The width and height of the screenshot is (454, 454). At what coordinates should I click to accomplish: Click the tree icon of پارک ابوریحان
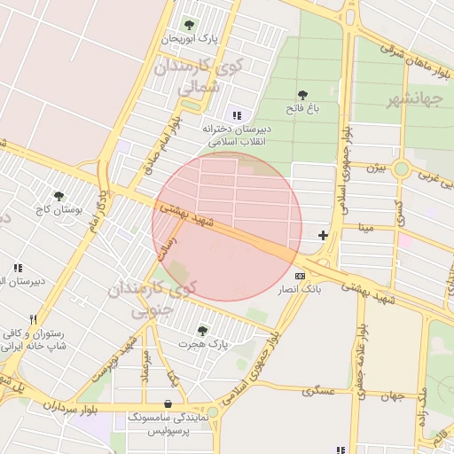click(188, 25)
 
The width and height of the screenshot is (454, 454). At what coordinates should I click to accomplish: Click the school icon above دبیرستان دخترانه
click(236, 114)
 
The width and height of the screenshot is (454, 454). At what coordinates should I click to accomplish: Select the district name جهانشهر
click(414, 99)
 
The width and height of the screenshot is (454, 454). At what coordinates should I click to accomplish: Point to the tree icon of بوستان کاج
click(59, 196)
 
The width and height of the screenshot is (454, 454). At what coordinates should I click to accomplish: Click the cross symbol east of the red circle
click(323, 235)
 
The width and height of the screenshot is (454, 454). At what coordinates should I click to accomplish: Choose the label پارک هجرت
click(203, 342)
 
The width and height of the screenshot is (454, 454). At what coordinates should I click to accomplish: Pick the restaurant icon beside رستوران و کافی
click(33, 319)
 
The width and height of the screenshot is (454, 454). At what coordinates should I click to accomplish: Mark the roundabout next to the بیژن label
click(402, 168)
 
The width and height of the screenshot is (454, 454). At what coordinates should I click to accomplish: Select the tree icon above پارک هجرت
click(202, 330)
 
